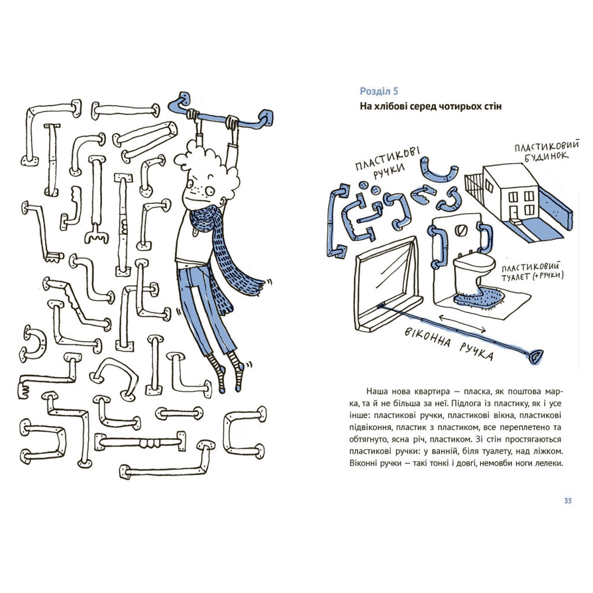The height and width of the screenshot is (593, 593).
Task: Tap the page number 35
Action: (568, 501)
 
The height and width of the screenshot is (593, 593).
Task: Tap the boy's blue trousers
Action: (205, 308)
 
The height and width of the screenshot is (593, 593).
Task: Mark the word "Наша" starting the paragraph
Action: (377, 392)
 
